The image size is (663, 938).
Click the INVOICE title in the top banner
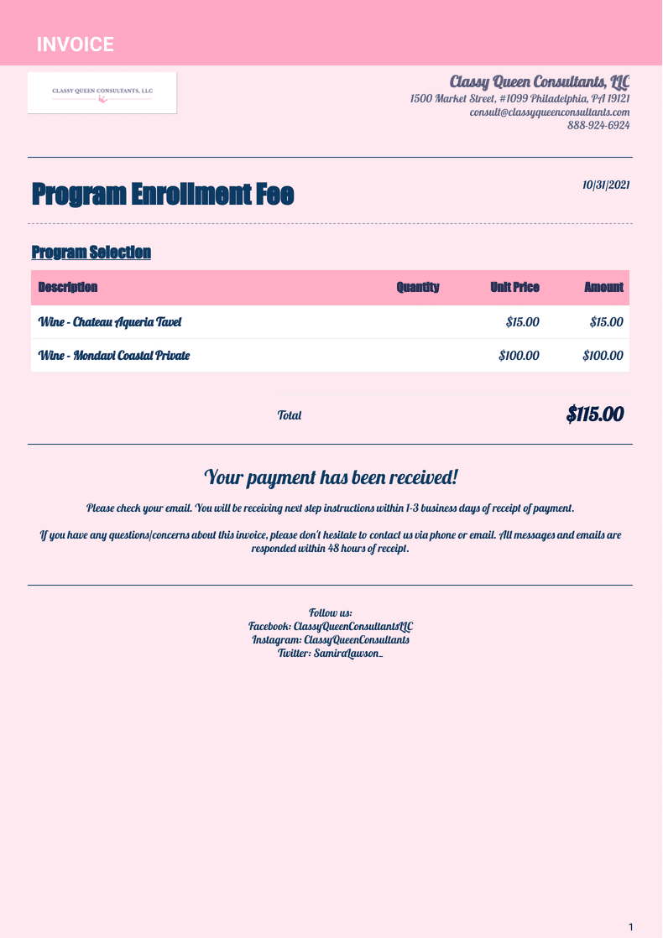(75, 44)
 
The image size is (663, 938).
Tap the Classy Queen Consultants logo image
(102, 92)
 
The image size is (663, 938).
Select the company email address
(550, 112)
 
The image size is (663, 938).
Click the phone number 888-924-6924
(598, 125)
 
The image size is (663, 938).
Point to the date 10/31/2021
(606, 185)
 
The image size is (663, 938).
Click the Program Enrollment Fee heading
(163, 195)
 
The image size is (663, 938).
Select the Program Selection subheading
(91, 252)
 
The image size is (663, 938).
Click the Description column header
(68, 287)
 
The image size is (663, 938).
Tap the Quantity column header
(418, 287)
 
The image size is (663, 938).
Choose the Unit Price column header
(514, 287)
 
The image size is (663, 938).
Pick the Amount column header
(603, 287)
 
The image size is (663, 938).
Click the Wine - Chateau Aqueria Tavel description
(110, 321)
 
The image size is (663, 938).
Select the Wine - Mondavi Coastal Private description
(114, 355)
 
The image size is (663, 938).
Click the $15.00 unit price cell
(523, 321)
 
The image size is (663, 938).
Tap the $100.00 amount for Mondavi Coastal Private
(603, 355)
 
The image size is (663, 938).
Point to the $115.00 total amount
(595, 414)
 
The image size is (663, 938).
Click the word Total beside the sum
(290, 415)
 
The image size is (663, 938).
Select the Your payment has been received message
(331, 477)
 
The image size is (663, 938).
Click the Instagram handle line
(331, 639)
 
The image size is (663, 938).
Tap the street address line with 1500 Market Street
(520, 98)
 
